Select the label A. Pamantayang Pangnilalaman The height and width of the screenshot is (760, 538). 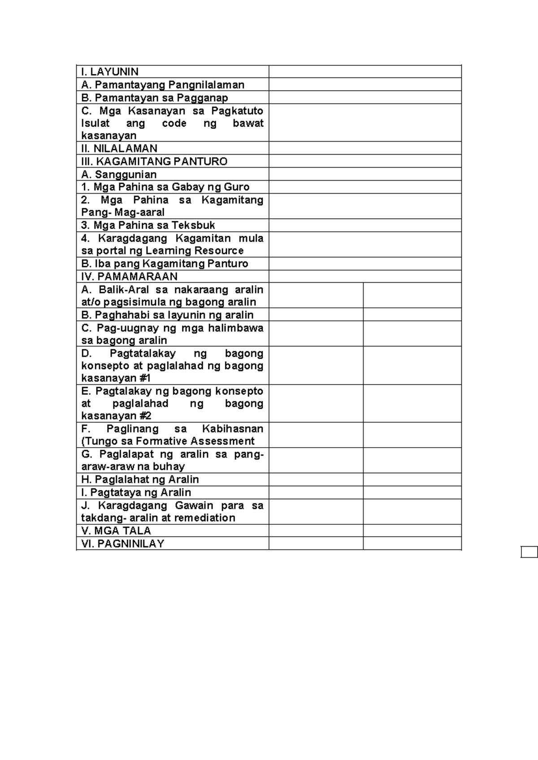click(163, 85)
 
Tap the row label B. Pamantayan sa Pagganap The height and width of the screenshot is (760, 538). click(155, 98)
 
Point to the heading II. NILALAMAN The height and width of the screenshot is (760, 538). click(119, 148)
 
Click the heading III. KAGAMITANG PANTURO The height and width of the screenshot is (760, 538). click(154, 161)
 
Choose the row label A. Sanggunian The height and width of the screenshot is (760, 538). click(119, 174)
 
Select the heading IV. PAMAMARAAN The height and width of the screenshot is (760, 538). click(129, 276)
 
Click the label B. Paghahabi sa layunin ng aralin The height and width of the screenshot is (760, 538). click(167, 315)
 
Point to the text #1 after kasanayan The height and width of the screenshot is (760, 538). click(145, 378)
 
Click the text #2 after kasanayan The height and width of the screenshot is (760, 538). click(145, 416)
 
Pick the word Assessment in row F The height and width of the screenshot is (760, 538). click(225, 441)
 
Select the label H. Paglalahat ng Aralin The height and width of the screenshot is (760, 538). click(140, 479)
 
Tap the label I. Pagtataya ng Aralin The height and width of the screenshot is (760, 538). click(136, 492)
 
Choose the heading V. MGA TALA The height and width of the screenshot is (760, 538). click(116, 531)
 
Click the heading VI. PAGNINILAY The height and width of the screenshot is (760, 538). click(122, 544)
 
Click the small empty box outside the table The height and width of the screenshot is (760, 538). click(529, 552)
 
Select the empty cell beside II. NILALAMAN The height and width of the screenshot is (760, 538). click(365, 148)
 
